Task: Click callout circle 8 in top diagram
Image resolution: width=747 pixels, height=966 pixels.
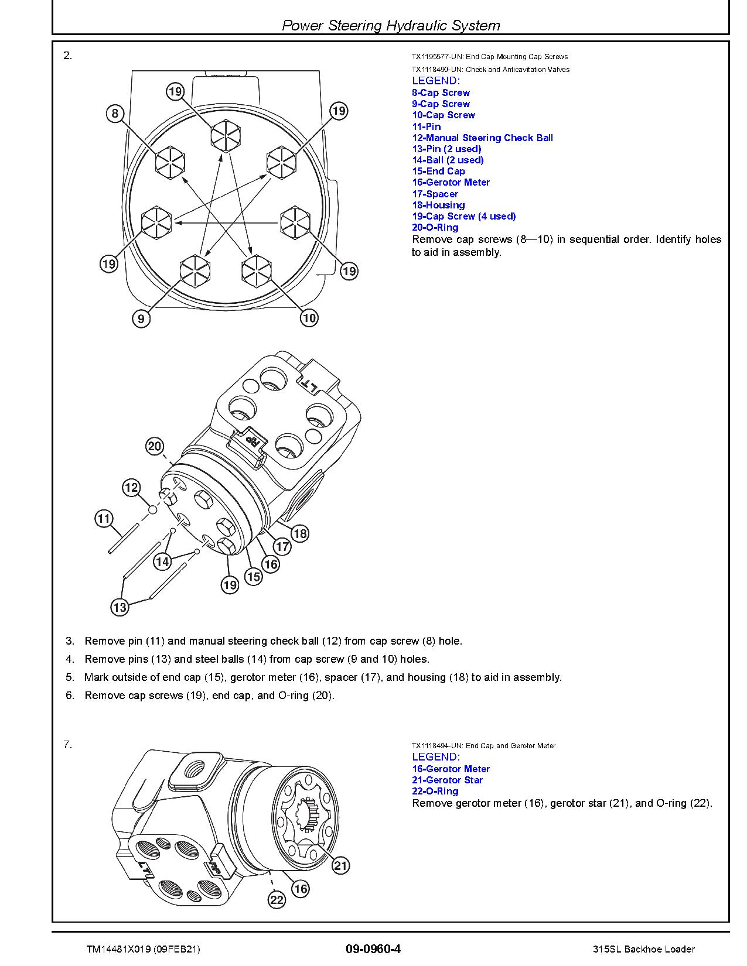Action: (115, 113)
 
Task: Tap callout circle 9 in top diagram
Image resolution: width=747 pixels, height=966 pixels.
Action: (141, 319)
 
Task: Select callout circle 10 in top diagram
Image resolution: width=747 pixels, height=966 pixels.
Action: (309, 318)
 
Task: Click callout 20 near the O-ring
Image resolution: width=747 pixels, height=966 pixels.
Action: (154, 447)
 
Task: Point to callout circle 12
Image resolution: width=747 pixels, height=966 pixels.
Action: (131, 488)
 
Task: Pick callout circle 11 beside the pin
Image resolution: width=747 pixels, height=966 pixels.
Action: (104, 518)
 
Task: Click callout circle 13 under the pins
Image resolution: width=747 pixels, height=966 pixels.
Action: (120, 607)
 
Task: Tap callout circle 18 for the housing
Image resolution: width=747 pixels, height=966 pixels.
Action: (299, 533)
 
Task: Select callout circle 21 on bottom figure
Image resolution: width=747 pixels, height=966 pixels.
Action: (341, 866)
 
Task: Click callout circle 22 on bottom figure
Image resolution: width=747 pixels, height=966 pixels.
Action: (277, 900)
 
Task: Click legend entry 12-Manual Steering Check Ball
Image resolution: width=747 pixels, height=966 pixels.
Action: (482, 138)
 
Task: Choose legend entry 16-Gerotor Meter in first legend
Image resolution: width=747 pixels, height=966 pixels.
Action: (451, 182)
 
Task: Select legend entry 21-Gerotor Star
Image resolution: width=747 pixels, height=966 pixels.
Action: (447, 780)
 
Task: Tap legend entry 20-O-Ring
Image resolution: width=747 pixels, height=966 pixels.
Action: (435, 227)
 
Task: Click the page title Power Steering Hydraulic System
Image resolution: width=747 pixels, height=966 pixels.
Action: (391, 25)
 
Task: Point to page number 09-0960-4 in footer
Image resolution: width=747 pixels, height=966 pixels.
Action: (373, 949)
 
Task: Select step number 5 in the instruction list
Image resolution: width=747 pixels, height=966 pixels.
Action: (70, 677)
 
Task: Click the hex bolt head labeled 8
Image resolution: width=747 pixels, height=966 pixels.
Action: (170, 160)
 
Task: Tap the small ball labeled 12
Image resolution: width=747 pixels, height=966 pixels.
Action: (153, 510)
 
